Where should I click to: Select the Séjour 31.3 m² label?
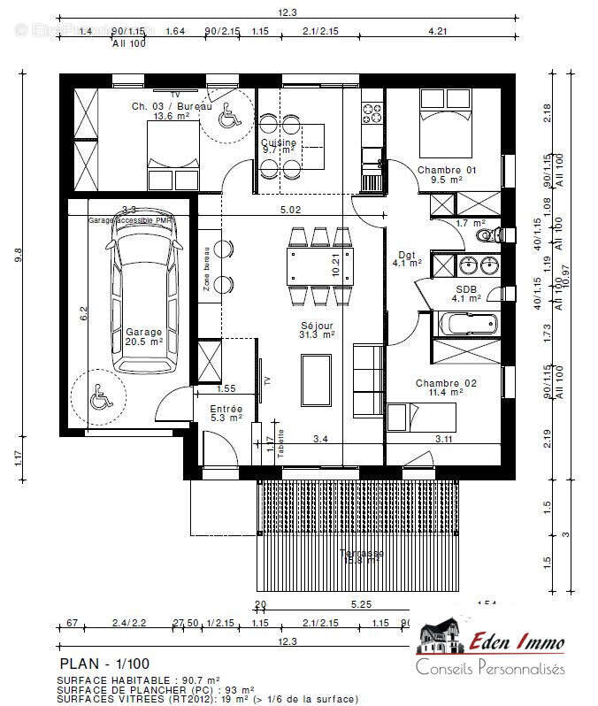pos(317,330)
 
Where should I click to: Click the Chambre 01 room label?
pos(447,174)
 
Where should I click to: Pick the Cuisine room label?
pos(279,146)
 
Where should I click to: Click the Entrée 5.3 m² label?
pos(226,414)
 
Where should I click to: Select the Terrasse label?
pos(362,556)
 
